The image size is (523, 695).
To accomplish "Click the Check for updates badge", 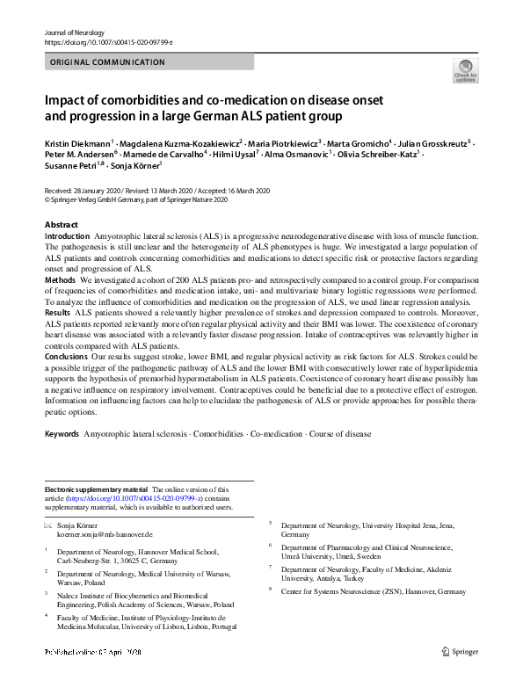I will pyautogui.click(x=465, y=69).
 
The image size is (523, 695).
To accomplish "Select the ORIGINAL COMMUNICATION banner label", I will pyautogui.click(x=107, y=62).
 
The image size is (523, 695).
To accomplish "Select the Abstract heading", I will pyautogui.click(x=61, y=226).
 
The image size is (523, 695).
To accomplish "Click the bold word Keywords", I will pyautogui.click(x=63, y=434).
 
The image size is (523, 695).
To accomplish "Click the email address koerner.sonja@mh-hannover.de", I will pyautogui.click(x=105, y=534).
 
